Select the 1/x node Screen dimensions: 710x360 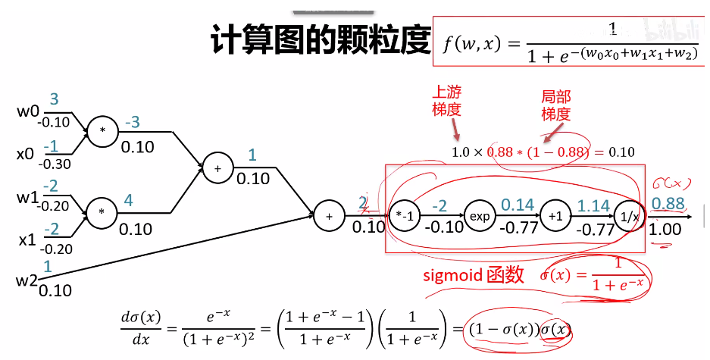click(628, 216)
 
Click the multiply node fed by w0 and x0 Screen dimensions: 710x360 click(102, 131)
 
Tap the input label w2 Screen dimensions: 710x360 click(27, 280)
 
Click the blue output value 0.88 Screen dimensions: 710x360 click(667, 204)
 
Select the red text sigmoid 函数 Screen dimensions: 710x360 click(473, 275)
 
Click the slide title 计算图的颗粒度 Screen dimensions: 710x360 click(321, 41)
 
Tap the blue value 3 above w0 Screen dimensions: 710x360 click(54, 99)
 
